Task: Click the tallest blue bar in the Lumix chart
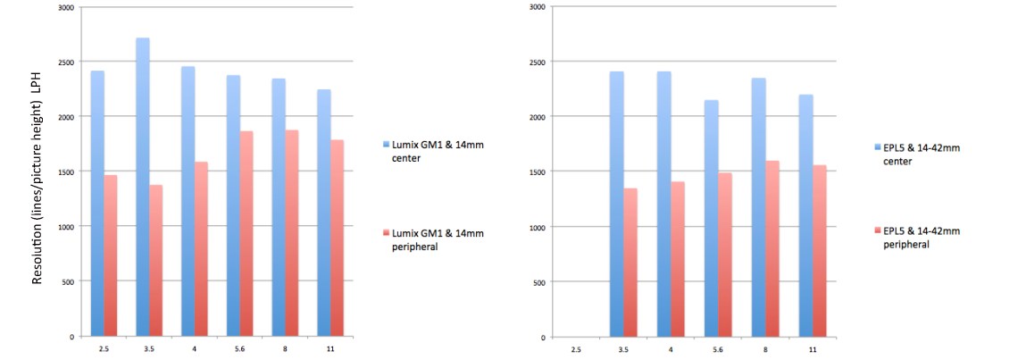click(x=143, y=188)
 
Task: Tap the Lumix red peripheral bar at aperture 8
click(x=291, y=233)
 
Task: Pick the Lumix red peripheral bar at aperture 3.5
click(x=155, y=260)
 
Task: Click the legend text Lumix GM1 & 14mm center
click(x=432, y=149)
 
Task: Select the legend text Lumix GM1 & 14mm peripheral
click(x=432, y=239)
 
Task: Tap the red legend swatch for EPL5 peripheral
click(x=877, y=231)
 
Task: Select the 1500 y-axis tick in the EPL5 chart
click(x=536, y=172)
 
